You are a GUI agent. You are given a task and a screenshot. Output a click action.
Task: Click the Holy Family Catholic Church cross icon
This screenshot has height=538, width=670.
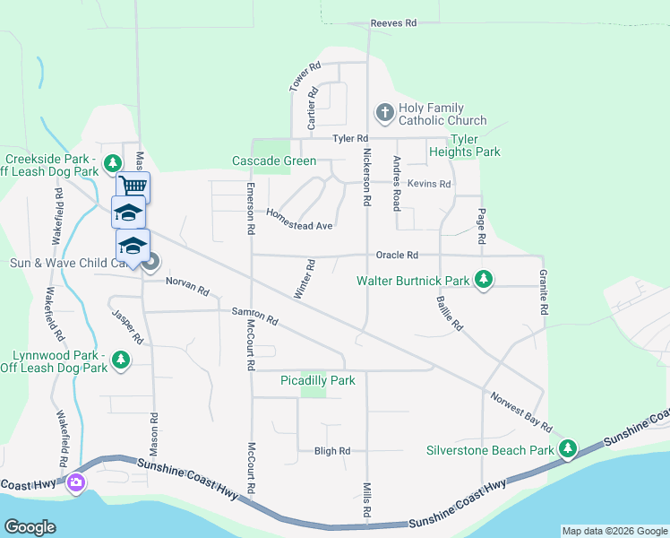pyautogui.click(x=384, y=112)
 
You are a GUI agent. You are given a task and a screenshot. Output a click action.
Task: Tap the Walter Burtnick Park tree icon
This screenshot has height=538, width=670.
pyautogui.click(x=484, y=281)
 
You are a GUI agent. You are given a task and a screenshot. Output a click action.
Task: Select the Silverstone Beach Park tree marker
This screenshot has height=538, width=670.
pyautogui.click(x=568, y=449)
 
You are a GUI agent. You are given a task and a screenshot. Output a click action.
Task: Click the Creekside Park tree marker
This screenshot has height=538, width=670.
pyautogui.click(x=112, y=163)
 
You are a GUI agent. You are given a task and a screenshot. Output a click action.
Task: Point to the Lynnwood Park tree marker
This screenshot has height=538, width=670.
pyautogui.click(x=121, y=360)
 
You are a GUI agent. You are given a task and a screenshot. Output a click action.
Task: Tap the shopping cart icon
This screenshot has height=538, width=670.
pyautogui.click(x=133, y=186)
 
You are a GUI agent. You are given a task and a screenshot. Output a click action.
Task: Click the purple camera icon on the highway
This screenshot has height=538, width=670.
pyautogui.click(x=76, y=483)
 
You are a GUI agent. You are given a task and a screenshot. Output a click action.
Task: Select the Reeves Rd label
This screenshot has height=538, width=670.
pyautogui.click(x=393, y=23)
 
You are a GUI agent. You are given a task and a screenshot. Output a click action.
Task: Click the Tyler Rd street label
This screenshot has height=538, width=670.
pyautogui.click(x=350, y=139)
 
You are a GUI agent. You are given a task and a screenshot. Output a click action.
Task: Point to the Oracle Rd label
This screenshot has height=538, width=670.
pyautogui.click(x=397, y=256)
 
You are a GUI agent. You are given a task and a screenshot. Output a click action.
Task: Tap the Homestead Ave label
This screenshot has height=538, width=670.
pyautogui.click(x=299, y=220)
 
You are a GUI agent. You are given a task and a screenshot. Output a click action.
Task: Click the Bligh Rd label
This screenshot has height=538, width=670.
pyautogui.click(x=331, y=451)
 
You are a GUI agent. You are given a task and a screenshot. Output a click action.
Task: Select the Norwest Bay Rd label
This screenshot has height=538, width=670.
pyautogui.click(x=520, y=412)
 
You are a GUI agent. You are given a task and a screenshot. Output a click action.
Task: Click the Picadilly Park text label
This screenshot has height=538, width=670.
pyautogui.click(x=317, y=380)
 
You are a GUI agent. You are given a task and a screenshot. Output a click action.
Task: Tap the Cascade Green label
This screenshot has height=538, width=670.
pyautogui.click(x=273, y=161)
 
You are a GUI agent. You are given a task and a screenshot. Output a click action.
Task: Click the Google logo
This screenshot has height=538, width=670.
pyautogui.click(x=30, y=527)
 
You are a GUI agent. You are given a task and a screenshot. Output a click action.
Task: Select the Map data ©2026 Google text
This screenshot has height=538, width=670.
pyautogui.click(x=614, y=531)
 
